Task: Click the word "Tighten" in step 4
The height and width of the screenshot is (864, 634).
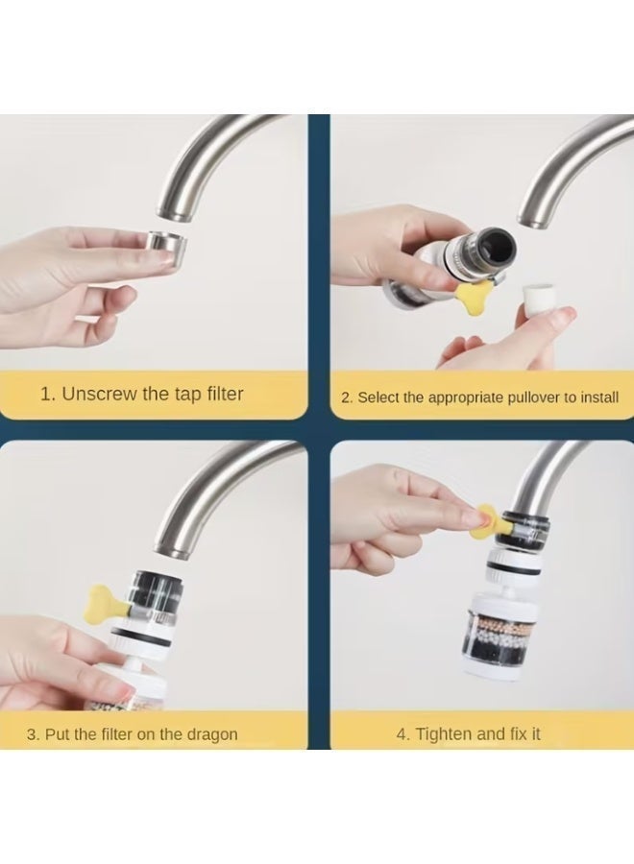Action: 443,734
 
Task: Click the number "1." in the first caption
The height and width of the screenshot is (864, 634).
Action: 48,394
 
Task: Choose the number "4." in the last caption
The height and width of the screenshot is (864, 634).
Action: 403,734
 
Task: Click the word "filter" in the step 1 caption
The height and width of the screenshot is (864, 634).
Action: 225,394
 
